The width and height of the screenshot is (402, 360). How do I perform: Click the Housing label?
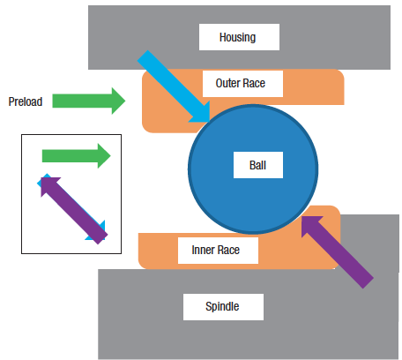tap(237, 37)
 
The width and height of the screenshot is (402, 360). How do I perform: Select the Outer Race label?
tap(241, 83)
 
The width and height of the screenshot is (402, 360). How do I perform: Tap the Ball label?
tap(257, 165)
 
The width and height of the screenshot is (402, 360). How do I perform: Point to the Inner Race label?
tap(216, 250)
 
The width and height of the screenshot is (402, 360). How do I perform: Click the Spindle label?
tap(222, 306)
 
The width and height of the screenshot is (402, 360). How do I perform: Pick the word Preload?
tap(26, 101)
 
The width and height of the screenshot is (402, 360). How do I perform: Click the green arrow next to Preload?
tap(89, 101)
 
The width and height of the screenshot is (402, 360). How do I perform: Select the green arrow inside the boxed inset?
tap(77, 156)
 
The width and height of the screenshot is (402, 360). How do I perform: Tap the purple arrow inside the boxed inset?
tap(74, 211)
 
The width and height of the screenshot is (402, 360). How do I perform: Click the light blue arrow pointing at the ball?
tap(174, 86)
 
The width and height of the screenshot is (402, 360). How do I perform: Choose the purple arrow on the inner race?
tap(338, 252)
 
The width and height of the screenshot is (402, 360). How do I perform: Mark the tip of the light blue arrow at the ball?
tap(210, 122)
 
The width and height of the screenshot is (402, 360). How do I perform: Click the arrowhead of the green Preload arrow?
tap(118, 101)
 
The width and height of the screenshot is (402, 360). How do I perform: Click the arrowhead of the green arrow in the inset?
tap(104, 156)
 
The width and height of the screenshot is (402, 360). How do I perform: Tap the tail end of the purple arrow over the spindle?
tap(368, 283)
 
